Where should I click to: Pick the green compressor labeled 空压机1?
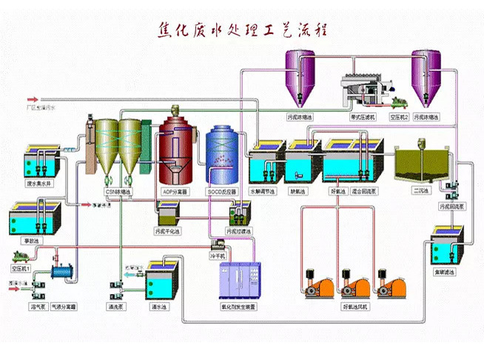click(24, 254)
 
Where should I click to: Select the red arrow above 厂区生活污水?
click(33, 99)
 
